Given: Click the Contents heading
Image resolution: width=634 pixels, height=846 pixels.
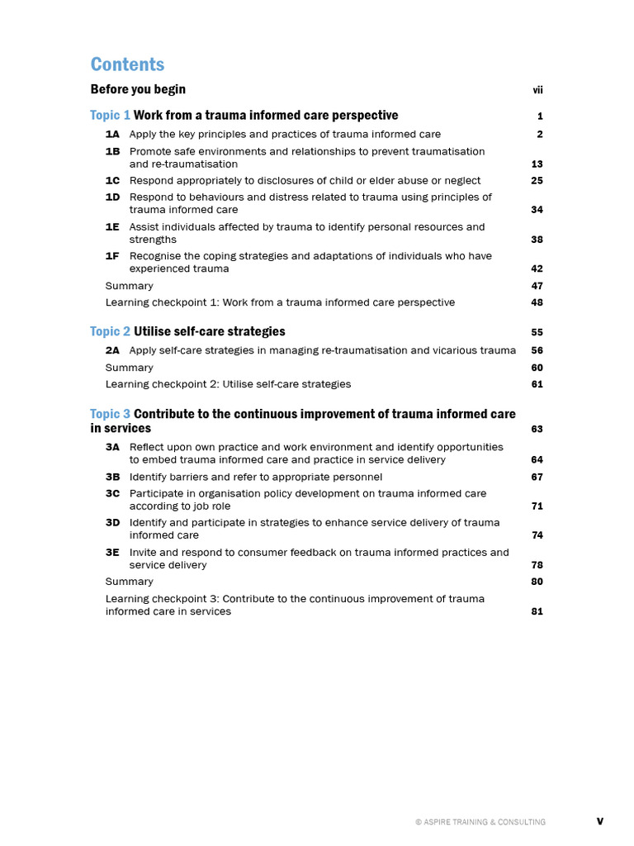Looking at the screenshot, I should (x=127, y=64).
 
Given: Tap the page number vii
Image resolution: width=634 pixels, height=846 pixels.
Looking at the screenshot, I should (x=537, y=90).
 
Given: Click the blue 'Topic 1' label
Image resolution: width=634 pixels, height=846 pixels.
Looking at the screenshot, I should (x=110, y=116).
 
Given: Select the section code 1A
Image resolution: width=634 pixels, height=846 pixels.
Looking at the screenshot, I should (x=112, y=134).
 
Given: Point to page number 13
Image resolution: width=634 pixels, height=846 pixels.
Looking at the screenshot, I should (x=537, y=164).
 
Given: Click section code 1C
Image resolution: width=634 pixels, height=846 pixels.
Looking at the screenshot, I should (x=112, y=180).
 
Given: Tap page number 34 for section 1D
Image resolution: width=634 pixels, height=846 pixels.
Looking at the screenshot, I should (x=537, y=210).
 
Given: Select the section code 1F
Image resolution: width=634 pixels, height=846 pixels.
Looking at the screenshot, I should (x=112, y=256).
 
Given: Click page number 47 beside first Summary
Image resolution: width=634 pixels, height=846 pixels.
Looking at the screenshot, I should (x=537, y=286).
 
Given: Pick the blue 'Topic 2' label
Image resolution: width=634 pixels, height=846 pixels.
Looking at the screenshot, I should (x=110, y=331).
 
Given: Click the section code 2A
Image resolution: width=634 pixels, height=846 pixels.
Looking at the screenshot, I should (x=112, y=350).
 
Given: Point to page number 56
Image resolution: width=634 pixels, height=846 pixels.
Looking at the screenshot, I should (x=537, y=350).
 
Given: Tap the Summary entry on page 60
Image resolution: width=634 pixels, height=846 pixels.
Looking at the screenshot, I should (x=129, y=368).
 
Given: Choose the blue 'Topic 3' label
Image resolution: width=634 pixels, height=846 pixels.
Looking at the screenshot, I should (x=110, y=414).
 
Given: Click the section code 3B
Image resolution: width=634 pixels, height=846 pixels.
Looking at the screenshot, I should (x=112, y=477).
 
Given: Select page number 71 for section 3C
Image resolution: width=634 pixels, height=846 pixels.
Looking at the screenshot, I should (x=537, y=506).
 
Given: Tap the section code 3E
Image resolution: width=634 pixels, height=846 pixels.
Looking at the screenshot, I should (x=112, y=552).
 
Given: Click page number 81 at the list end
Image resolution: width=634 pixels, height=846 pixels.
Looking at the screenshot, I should (x=537, y=612).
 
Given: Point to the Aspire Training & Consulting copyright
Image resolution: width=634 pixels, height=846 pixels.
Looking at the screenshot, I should (x=480, y=822).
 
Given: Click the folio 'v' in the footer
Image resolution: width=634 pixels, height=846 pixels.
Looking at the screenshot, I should (x=600, y=821).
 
